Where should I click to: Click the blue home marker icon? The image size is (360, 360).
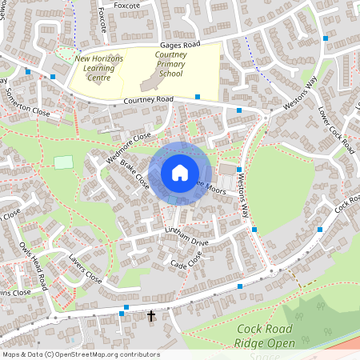(180, 173)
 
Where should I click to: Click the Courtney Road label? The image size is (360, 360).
(149, 100)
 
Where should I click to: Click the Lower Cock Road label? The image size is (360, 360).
(335, 130)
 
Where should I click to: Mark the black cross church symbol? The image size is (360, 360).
(151, 316)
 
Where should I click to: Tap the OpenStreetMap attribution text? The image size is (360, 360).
(81, 354)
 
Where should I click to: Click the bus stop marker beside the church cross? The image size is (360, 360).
(122, 314)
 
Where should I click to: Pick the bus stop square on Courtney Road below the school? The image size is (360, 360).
(198, 96)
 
